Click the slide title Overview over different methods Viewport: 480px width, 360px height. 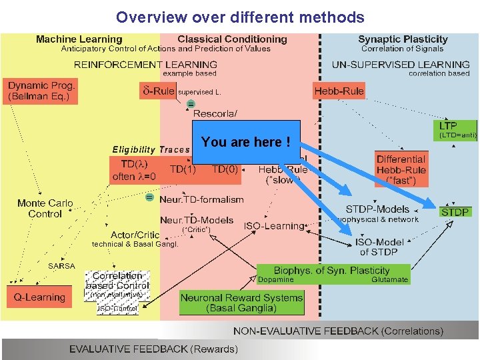[x=240, y=17]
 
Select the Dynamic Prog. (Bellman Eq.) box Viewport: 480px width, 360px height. [x=42, y=91]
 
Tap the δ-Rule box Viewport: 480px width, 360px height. [x=157, y=90]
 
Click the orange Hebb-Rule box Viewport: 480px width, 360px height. [x=339, y=91]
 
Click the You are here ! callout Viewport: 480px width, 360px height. [x=246, y=141]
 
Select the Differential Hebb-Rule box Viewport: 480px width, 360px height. [x=400, y=169]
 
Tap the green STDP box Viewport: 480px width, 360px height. [x=455, y=211]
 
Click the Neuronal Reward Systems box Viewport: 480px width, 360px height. [x=241, y=303]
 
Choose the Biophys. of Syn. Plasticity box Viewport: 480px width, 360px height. [x=333, y=273]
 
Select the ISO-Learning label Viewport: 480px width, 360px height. [x=273, y=226]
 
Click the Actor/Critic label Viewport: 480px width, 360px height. [x=135, y=235]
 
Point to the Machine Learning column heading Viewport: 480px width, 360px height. [x=79, y=39]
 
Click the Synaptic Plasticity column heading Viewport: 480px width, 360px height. [x=403, y=39]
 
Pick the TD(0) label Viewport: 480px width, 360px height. [x=225, y=169]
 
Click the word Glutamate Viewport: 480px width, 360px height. [x=389, y=280]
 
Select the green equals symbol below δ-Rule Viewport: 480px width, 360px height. [x=190, y=104]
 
